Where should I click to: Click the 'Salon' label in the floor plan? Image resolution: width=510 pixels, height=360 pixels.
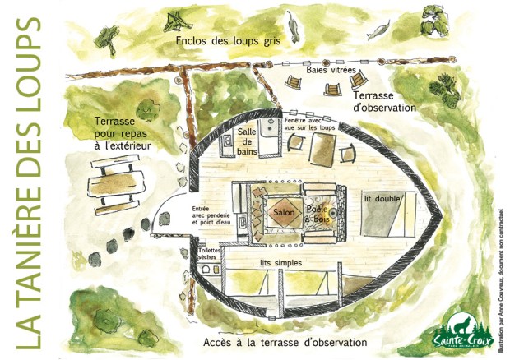pos(281,212)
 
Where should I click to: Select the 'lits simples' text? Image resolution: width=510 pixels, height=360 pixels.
pos(280,262)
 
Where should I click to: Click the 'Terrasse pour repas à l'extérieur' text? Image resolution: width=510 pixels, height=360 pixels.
pos(123,132)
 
